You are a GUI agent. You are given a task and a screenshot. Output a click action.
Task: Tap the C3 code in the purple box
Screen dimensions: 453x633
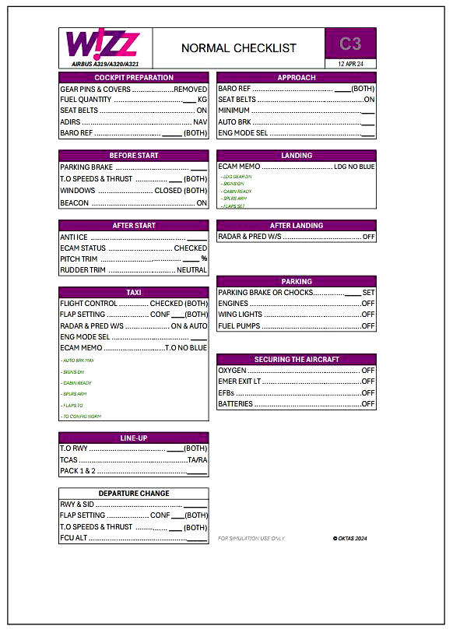[350, 44]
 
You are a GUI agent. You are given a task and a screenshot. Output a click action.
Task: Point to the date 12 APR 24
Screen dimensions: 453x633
[351, 64]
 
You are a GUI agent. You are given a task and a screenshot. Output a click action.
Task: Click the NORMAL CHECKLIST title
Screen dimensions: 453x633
[238, 48]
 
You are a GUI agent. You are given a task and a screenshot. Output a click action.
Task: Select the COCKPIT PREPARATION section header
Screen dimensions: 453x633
[134, 78]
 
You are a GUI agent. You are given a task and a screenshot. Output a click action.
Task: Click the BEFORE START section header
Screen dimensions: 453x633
[134, 156]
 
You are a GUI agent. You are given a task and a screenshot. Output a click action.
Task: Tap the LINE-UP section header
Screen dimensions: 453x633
[134, 438]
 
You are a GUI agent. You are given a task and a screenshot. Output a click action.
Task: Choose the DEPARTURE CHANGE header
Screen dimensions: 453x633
[134, 494]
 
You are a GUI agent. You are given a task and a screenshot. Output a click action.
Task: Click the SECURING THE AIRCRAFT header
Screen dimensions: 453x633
[297, 360]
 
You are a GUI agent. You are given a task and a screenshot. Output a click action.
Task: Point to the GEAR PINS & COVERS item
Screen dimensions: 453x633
[95, 90]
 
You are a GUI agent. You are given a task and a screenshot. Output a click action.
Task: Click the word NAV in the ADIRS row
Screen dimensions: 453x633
[200, 122]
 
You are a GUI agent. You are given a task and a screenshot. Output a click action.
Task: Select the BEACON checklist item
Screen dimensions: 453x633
[74, 203]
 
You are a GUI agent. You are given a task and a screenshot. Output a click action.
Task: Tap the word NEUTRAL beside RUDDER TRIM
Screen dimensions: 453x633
[192, 270]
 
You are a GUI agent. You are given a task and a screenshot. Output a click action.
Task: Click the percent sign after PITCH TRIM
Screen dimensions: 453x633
[204, 259]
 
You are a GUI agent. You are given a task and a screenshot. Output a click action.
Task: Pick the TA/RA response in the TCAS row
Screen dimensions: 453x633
[198, 460]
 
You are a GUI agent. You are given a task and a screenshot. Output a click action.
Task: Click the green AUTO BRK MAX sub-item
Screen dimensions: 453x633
[79, 361]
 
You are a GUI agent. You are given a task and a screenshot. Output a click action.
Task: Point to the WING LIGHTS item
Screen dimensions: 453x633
[240, 315]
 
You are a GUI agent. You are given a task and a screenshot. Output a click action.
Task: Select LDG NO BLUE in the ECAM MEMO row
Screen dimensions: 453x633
[354, 167]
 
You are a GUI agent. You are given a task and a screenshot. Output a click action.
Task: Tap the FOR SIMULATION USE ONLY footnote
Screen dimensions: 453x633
[251, 538]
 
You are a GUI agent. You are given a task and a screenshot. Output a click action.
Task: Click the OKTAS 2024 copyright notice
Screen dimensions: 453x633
[349, 538]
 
